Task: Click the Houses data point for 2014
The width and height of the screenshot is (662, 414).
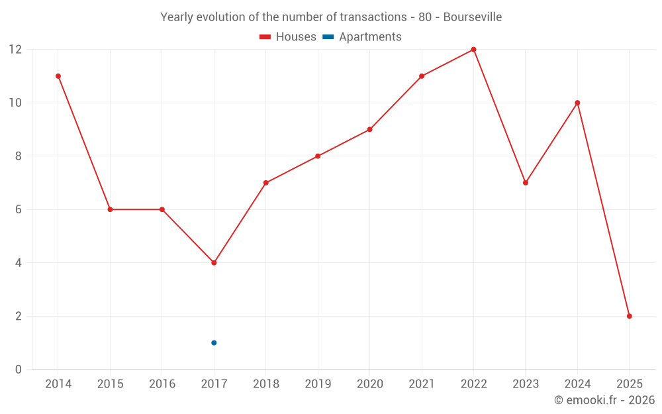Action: pyautogui.click(x=58, y=76)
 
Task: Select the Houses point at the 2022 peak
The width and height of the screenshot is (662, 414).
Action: pyautogui.click(x=473, y=50)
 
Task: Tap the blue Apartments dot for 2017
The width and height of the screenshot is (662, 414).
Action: pyautogui.click(x=214, y=342)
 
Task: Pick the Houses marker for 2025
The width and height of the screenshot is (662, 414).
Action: pyautogui.click(x=629, y=316)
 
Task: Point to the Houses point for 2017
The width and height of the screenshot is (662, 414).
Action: pyautogui.click(x=214, y=263)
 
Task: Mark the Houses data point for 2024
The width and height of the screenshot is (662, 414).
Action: pyautogui.click(x=577, y=103)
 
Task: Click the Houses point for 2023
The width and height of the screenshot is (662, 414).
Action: pyautogui.click(x=526, y=183)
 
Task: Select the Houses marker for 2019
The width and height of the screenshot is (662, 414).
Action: pyautogui.click(x=318, y=156)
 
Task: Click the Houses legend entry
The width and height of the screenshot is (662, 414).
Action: pyautogui.click(x=288, y=37)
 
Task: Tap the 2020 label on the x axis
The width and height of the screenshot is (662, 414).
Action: pyautogui.click(x=369, y=384)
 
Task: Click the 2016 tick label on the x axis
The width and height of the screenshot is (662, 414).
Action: pyautogui.click(x=162, y=384)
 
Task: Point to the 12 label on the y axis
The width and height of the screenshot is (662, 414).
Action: pyautogui.click(x=15, y=50)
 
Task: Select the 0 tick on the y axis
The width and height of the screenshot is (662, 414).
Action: pyautogui.click(x=19, y=369)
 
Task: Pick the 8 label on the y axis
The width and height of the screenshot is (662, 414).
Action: pyautogui.click(x=19, y=156)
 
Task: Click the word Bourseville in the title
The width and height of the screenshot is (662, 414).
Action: pyautogui.click(x=472, y=17)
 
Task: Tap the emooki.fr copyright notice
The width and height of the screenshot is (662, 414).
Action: pyautogui.click(x=604, y=400)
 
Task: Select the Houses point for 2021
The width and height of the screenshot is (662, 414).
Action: pyautogui.click(x=422, y=76)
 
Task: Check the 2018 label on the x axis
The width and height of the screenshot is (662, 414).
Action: pyautogui.click(x=265, y=384)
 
